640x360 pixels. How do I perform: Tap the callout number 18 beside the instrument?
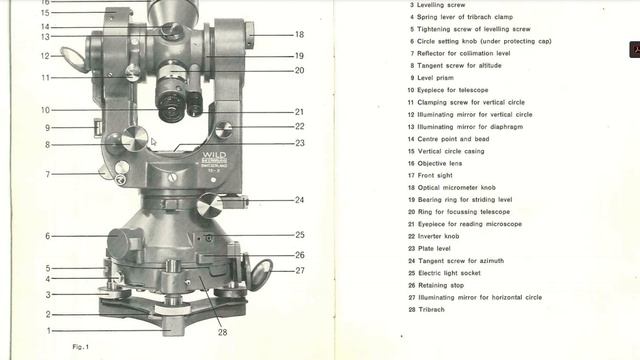pos(299,35)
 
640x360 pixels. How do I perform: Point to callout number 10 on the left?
pos(45,110)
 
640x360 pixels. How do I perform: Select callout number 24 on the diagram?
pos(299,200)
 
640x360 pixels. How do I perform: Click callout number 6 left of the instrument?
pos(47,236)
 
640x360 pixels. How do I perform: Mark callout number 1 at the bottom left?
pos(47,330)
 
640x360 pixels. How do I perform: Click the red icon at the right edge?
pos(634,49)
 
